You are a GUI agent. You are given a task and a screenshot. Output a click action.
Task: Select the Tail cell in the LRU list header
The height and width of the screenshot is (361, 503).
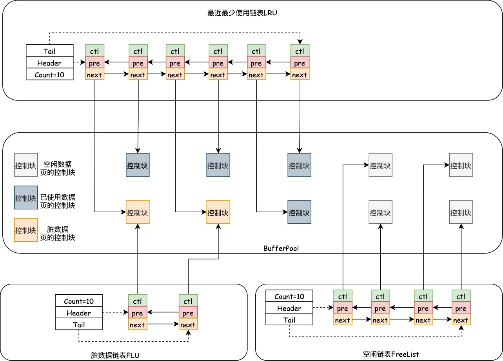coord(50,51)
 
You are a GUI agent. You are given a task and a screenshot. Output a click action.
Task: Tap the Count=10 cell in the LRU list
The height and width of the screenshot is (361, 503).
coord(50,74)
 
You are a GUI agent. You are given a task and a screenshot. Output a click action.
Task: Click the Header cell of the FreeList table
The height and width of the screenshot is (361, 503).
coord(289,308)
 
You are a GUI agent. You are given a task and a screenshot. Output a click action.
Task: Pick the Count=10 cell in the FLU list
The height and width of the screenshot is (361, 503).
coord(79,301)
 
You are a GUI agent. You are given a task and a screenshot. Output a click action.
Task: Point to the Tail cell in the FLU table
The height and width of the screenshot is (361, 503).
coord(79,324)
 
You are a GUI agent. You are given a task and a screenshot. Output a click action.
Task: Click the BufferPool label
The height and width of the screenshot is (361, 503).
coord(281,248)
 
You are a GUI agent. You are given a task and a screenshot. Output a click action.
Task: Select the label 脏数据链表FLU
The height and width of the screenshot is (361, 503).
coord(115,356)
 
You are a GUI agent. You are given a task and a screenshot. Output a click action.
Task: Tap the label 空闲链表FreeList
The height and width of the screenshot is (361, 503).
coord(391,354)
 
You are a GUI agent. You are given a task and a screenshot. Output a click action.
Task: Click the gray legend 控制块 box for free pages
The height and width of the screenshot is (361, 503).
coord(26,165)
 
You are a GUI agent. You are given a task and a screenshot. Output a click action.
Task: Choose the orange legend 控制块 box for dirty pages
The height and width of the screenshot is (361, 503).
coord(26,230)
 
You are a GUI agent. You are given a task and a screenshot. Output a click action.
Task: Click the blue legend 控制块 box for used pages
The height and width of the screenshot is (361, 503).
coord(26,197)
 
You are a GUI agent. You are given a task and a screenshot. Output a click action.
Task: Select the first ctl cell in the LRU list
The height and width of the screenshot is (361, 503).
coord(95,51)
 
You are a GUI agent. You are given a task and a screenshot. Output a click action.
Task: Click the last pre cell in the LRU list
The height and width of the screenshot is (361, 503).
coord(300,63)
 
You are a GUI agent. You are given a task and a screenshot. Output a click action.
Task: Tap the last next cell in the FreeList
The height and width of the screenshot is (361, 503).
coord(461,320)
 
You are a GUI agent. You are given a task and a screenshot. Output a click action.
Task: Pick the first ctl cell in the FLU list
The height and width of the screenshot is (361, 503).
coord(138,301)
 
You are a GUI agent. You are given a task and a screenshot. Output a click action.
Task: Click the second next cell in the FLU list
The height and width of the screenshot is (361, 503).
coord(188,325)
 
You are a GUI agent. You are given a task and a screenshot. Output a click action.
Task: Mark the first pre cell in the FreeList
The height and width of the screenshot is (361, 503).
coord(343,308)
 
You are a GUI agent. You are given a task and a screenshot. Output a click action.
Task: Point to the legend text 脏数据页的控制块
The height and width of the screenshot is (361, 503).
coord(58,233)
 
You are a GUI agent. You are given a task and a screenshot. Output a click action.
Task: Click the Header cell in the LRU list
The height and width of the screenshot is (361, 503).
coord(50,63)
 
